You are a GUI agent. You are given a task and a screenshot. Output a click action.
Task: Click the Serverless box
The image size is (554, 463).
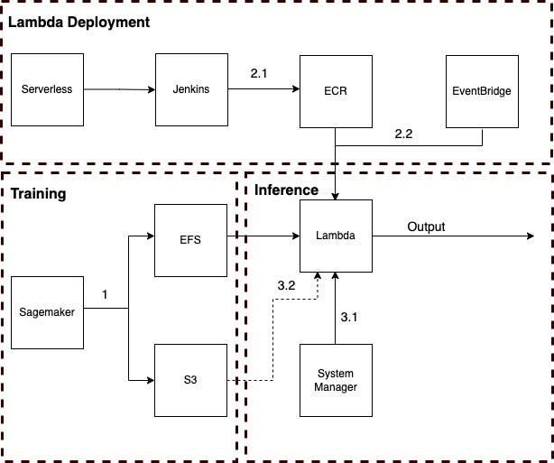coord(47,89)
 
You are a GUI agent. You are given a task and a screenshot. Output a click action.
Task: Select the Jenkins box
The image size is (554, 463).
coord(190,89)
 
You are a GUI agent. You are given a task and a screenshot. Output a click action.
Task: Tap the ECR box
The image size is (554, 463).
coord(335,90)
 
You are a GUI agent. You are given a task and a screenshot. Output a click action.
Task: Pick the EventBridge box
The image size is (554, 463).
coord(482,90)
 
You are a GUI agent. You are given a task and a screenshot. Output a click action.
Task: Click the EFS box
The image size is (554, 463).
coord(190,240)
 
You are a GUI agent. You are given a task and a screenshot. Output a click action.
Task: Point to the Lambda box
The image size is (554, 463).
coord(335,236)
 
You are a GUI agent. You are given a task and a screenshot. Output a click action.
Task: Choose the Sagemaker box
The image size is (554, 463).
coord(47,312)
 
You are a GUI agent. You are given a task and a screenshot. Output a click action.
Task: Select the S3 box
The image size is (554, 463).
coord(190,380)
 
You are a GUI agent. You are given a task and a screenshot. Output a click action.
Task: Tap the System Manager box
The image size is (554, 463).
coord(335,380)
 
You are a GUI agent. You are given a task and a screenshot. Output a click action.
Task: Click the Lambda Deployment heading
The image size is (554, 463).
coord(78,21)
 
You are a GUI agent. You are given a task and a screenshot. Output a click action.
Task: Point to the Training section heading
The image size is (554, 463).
coord(38,193)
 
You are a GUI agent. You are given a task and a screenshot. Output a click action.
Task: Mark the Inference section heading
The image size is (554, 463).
coord(286,190)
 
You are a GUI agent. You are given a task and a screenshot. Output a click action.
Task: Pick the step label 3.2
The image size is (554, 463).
coord(285,284)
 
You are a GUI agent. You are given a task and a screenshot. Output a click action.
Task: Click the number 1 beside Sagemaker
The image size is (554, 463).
coord(105,294)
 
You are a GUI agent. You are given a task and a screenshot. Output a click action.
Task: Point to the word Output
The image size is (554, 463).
coord(426,226)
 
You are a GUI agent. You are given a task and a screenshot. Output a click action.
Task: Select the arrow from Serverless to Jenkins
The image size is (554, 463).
coord(119,89)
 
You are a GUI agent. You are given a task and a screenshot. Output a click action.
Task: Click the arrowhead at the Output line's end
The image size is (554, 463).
coord(530,236)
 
